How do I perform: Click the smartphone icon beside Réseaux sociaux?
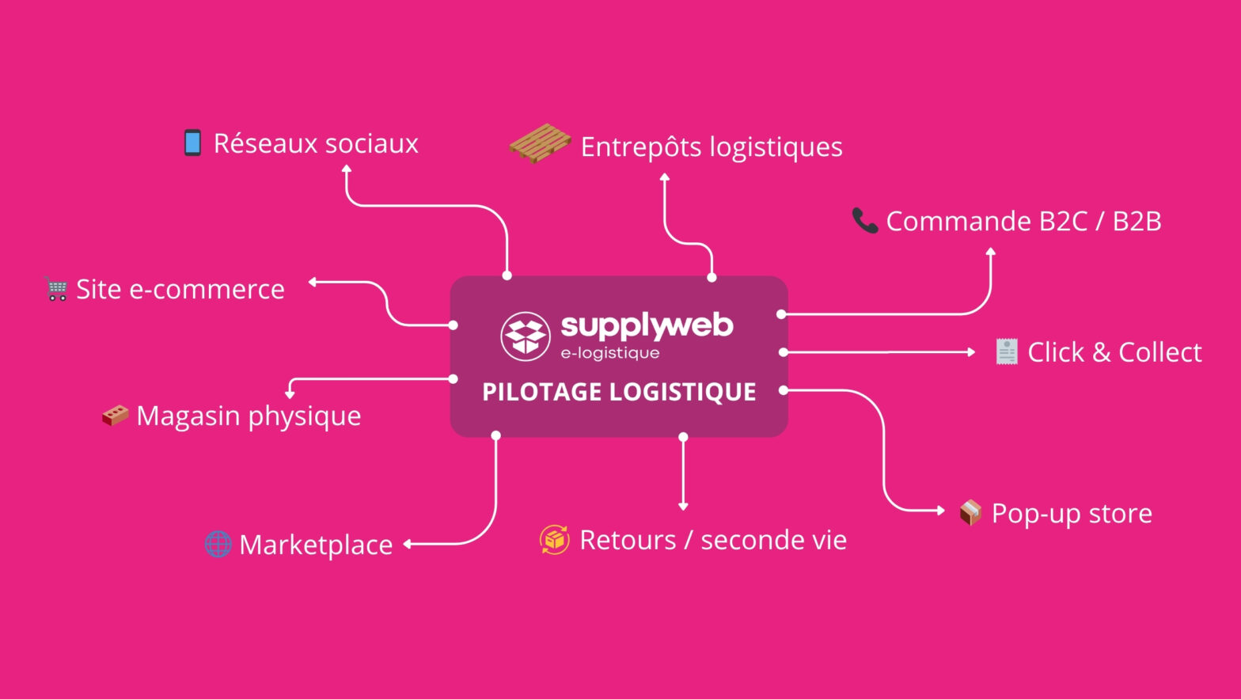coord(192,143)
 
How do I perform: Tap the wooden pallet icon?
coord(540,143)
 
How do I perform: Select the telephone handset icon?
coord(864,221)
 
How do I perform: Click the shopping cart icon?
coord(56,289)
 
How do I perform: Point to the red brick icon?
coord(116,415)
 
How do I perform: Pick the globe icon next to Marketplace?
coord(218,544)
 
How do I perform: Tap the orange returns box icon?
coord(555,540)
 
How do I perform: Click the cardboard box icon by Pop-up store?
coord(970,513)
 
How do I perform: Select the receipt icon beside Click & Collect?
coord(1006,351)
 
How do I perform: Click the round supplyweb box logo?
coord(526,336)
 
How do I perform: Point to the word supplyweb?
coord(647,325)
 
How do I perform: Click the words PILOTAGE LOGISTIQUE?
coord(619,392)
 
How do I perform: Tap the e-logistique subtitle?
coord(609,353)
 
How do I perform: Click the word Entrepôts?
coord(640,147)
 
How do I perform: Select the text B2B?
coord(1137,221)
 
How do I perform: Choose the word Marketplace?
coord(316,545)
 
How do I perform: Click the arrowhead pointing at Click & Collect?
coord(971,351)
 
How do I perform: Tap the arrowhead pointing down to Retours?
coord(683,506)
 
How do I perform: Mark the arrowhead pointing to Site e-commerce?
coord(313,282)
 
